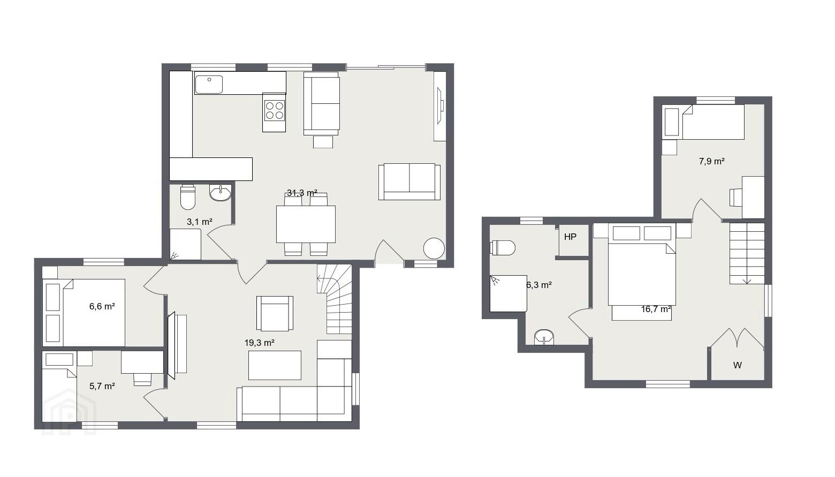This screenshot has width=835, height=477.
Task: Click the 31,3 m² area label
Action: [302, 193]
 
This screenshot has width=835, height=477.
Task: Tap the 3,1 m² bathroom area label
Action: [200, 222]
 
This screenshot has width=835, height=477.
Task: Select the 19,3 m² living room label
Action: [260, 343]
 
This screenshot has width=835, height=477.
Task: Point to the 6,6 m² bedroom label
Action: [102, 307]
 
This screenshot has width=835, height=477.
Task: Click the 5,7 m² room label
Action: [102, 386]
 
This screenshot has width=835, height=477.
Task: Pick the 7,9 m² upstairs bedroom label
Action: [711, 161]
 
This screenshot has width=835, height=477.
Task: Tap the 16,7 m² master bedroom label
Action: [656, 309]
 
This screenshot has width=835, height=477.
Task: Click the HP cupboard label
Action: [571, 237]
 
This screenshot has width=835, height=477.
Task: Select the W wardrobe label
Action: [738, 366]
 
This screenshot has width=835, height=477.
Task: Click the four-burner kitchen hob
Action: [274, 110]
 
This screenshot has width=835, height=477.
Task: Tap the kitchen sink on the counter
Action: [209, 84]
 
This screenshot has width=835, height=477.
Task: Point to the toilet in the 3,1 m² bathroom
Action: [188, 197]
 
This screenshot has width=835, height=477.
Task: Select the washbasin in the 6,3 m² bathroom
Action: [544, 337]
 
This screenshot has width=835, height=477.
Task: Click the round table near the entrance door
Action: [434, 248]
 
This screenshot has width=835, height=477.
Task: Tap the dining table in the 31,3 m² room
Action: [306, 224]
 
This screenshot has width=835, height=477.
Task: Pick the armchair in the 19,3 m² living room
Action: [275, 314]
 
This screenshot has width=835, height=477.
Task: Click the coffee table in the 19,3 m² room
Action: [275, 365]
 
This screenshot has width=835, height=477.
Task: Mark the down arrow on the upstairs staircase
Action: [747, 281]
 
